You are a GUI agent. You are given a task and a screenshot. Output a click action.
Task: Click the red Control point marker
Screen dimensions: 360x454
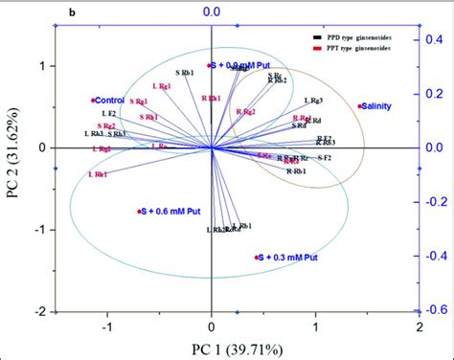coord(93,100)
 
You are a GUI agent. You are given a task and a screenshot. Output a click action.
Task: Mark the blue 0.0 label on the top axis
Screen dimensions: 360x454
coord(212,11)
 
